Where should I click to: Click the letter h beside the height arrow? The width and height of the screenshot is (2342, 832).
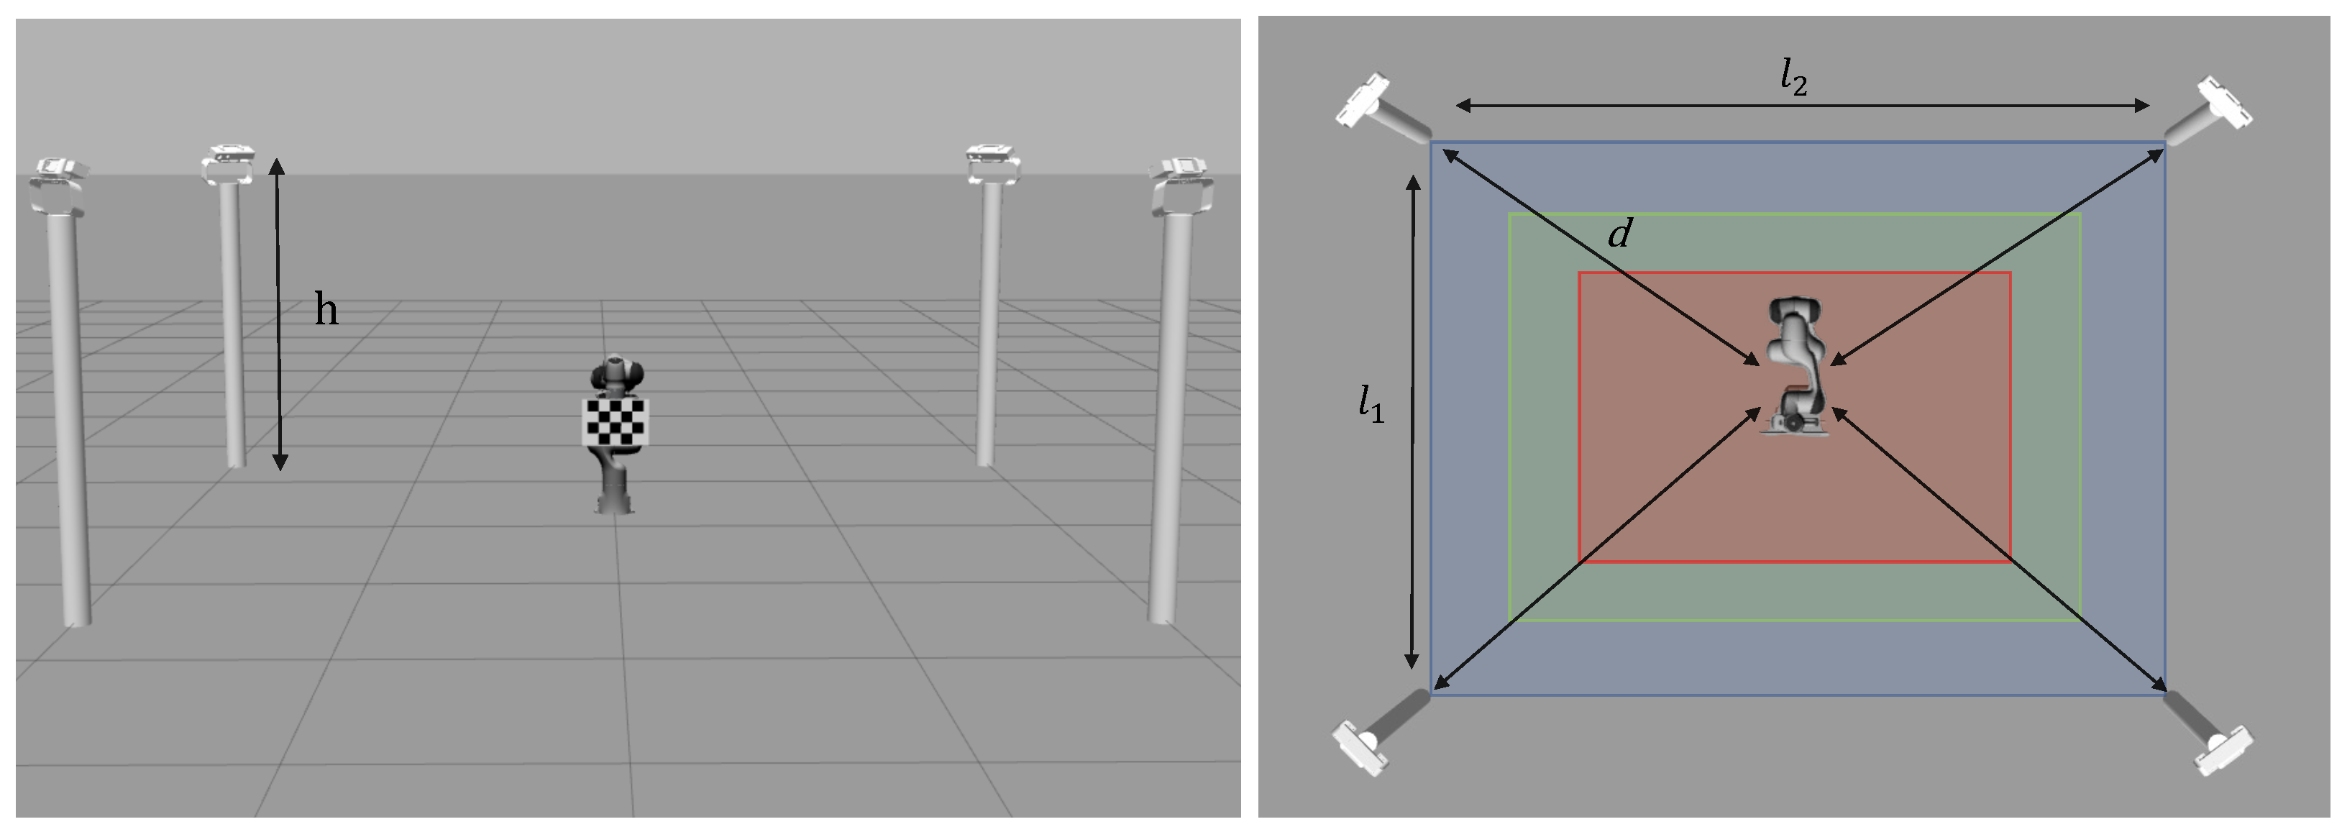point(326,309)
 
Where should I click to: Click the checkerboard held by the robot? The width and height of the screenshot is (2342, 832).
point(616,421)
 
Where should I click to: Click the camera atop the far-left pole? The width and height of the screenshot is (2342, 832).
point(58,186)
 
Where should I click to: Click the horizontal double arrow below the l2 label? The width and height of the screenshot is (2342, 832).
point(1803,106)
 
